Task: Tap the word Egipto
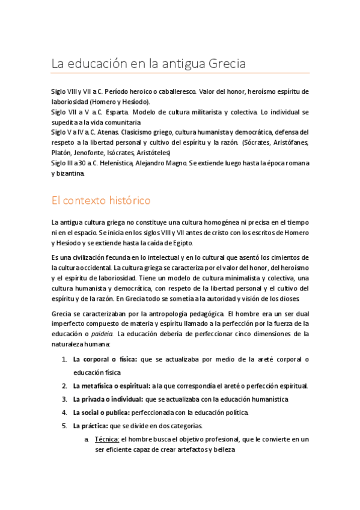tap(178, 242)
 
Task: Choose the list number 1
tap(64, 360)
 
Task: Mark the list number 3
tap(64, 399)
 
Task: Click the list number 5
tap(64, 426)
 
